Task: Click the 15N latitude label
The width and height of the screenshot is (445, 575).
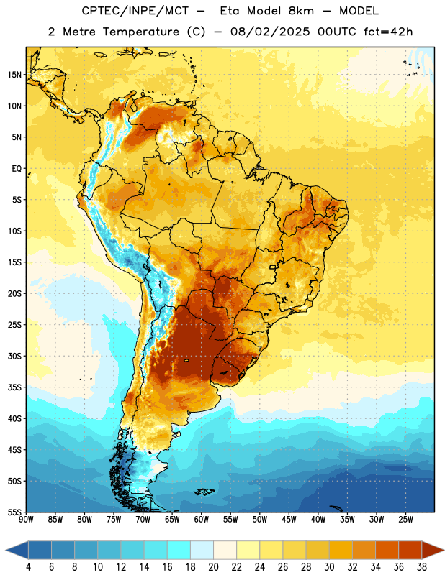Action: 14,75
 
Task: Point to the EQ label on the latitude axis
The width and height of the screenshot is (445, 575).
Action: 17,169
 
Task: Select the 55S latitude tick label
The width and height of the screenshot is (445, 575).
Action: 14,512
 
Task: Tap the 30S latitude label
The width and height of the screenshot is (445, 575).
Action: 14,356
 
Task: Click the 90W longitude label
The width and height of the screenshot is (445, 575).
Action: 26,520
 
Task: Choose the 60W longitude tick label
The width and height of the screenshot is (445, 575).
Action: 202,520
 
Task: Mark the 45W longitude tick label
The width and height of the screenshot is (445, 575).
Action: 289,520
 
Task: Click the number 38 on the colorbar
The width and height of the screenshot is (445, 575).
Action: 421,567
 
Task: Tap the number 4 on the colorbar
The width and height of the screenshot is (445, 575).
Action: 28,567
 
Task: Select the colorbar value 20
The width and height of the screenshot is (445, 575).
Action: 213,567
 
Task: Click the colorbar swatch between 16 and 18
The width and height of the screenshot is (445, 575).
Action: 179,550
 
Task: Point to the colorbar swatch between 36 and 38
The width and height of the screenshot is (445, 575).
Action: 410,550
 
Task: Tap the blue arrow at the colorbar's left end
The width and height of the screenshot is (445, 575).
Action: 17,550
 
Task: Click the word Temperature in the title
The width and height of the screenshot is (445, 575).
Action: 140,32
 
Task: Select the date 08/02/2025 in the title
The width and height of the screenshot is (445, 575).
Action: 270,32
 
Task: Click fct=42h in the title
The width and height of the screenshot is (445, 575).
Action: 388,32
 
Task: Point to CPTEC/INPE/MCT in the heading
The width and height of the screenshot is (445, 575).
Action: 135,11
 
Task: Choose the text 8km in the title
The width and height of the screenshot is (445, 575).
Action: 301,11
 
